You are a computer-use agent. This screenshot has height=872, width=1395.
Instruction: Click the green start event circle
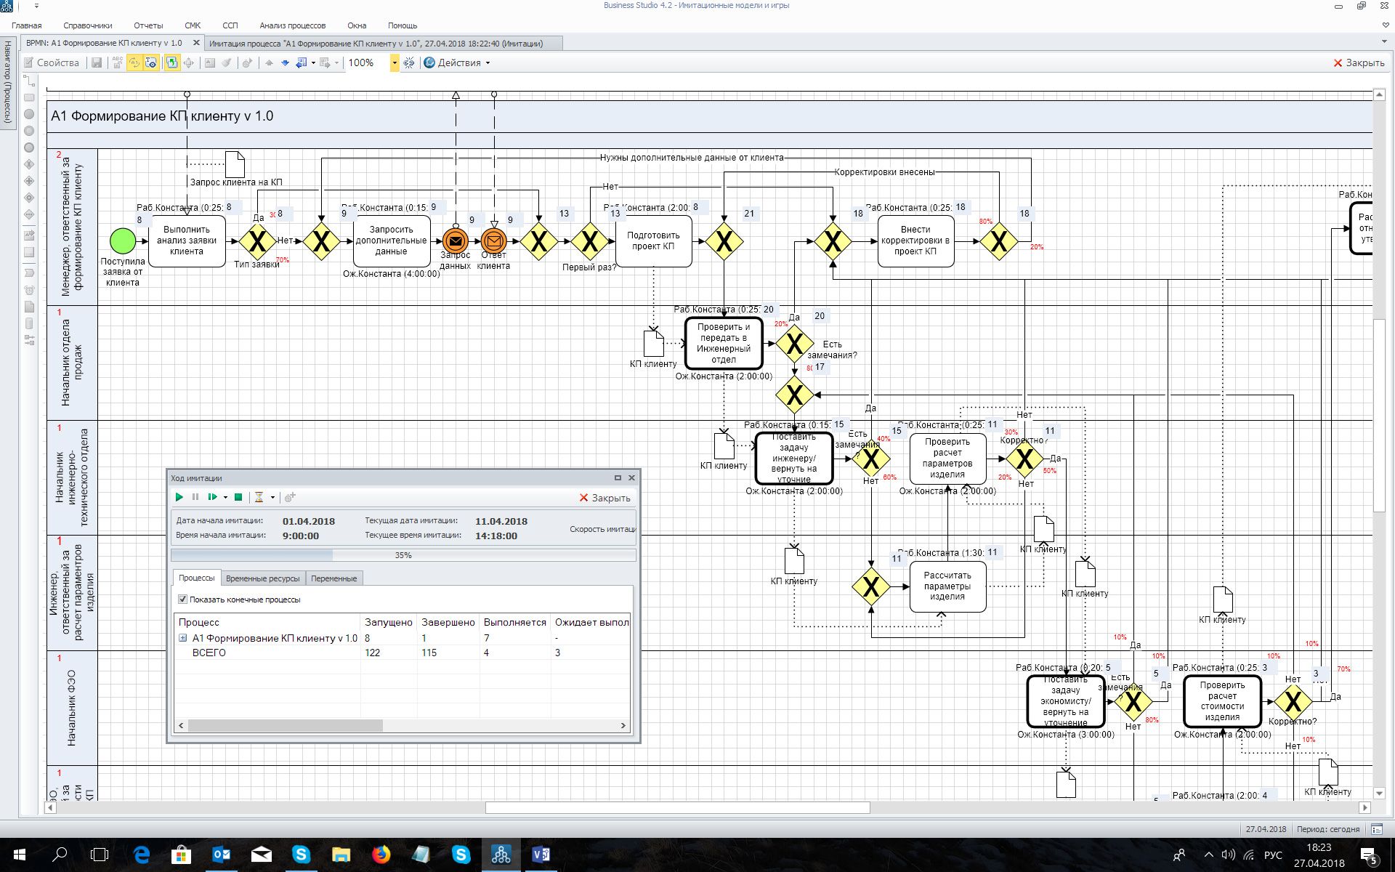[x=123, y=241]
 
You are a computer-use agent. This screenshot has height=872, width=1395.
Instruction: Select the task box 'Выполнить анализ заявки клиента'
[x=187, y=241]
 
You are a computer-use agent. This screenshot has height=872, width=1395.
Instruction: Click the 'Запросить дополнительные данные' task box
[x=391, y=241]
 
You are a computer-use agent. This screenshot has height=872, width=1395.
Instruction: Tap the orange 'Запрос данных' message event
[x=456, y=241]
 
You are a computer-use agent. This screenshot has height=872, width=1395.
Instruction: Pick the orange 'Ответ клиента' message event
[x=493, y=241]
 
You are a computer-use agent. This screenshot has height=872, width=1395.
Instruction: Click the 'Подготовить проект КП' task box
[x=653, y=241]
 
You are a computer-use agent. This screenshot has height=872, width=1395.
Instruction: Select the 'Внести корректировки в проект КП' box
[x=915, y=241]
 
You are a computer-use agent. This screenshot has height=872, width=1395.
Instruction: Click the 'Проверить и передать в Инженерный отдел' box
[x=724, y=344]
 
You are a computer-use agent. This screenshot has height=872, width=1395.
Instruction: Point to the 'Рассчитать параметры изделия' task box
[x=947, y=586]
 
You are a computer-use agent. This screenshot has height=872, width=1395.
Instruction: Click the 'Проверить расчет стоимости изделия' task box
[x=1222, y=701]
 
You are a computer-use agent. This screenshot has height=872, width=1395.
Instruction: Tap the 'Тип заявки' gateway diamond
[x=257, y=241]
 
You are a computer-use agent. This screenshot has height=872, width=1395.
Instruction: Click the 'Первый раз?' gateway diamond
[x=589, y=241]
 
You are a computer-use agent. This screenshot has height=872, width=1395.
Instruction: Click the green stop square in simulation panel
[x=238, y=498]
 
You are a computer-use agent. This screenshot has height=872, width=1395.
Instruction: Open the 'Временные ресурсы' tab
[x=262, y=578]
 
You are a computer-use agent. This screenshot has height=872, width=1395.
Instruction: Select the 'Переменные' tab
[x=333, y=578]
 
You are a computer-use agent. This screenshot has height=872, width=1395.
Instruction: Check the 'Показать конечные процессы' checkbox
[x=183, y=599]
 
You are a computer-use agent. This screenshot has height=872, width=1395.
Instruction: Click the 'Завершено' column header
[x=448, y=622]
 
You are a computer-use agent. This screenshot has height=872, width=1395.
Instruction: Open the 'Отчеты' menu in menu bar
[x=148, y=25]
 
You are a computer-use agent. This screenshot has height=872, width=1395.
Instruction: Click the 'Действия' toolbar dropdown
[x=458, y=62]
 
